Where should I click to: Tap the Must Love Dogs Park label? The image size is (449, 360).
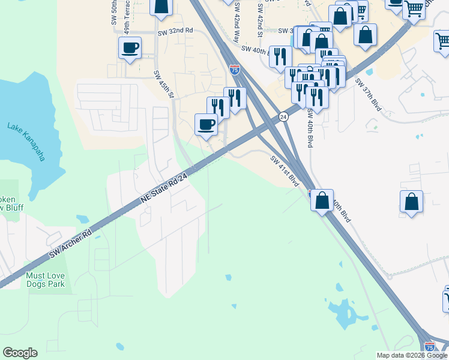(x=45, y=280)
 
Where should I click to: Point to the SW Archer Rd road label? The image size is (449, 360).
(x=70, y=244)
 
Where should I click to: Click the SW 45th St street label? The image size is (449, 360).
(x=163, y=85)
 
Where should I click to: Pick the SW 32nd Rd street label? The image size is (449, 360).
(x=175, y=31)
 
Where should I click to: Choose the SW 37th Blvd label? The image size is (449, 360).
(x=368, y=94)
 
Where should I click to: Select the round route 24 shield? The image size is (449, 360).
(x=284, y=116)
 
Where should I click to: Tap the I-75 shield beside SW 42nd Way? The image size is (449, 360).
(x=234, y=70)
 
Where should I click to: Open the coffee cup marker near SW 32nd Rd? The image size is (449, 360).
(x=130, y=47)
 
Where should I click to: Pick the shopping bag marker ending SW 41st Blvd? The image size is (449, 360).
(x=322, y=200)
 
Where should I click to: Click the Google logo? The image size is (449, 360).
(x=20, y=353)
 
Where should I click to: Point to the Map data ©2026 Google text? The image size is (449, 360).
(x=411, y=355)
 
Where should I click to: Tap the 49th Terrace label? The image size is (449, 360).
(x=127, y=20)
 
